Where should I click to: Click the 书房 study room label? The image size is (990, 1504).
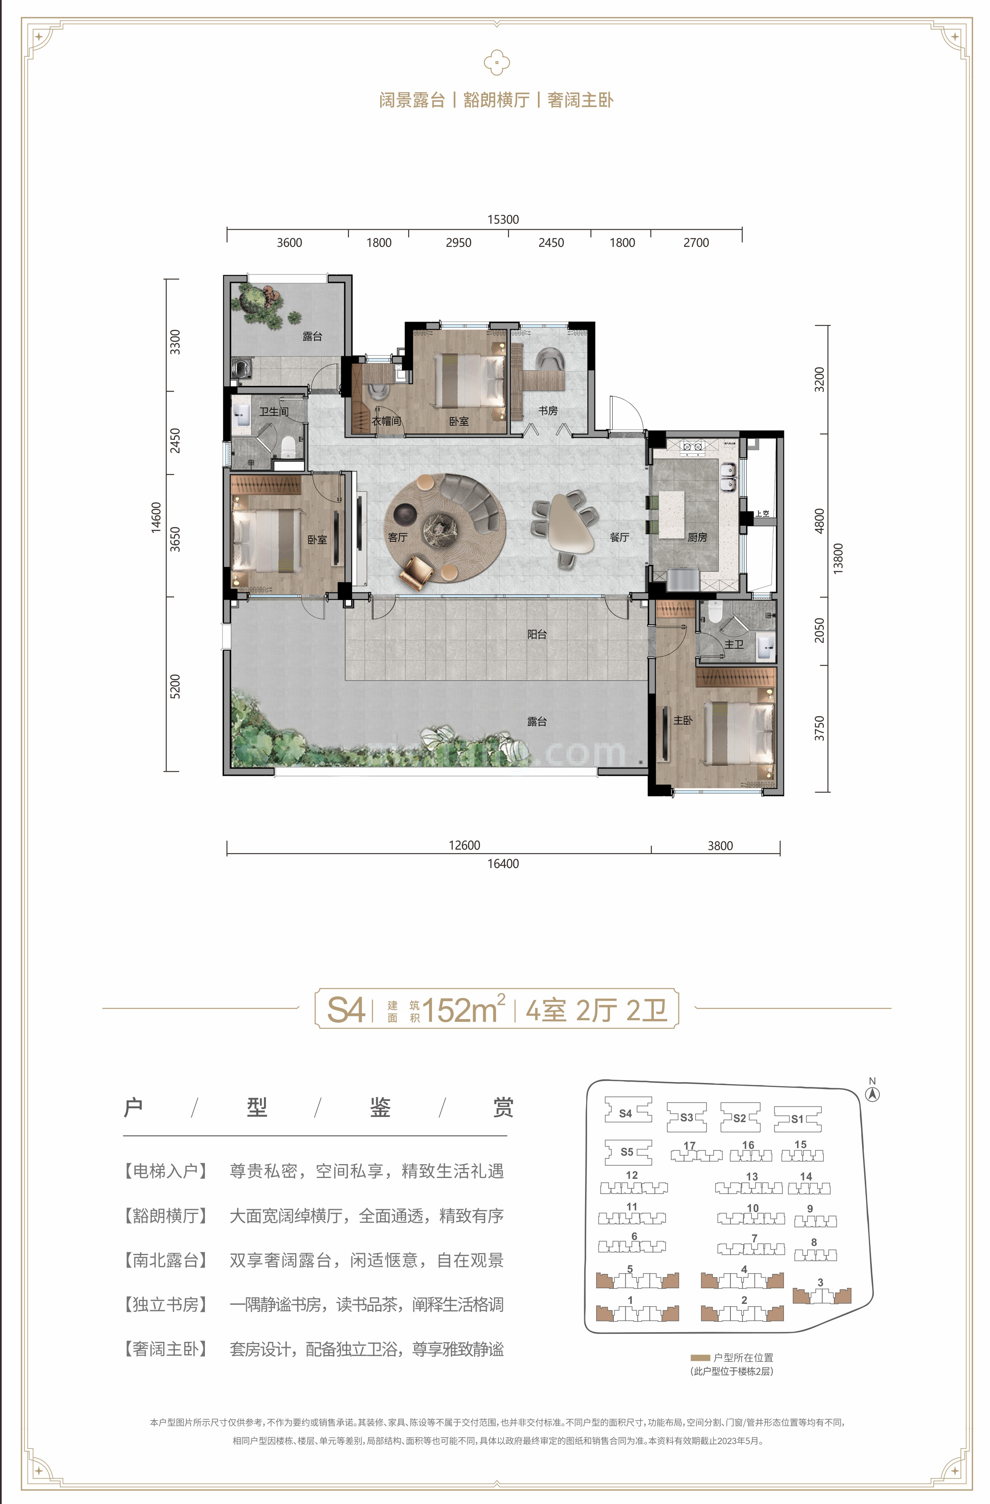(548, 411)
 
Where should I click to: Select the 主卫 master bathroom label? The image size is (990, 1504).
(734, 644)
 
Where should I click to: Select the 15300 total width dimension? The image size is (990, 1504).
(503, 219)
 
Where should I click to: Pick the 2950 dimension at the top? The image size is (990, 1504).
(458, 242)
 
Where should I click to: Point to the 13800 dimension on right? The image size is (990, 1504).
(838, 558)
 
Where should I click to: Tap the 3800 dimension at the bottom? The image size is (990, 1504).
(720, 846)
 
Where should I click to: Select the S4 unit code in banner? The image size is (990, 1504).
(345, 1010)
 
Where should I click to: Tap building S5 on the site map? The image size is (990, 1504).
(627, 1152)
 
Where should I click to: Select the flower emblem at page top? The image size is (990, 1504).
(496, 63)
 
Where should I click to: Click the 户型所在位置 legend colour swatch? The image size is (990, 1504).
(700, 1357)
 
